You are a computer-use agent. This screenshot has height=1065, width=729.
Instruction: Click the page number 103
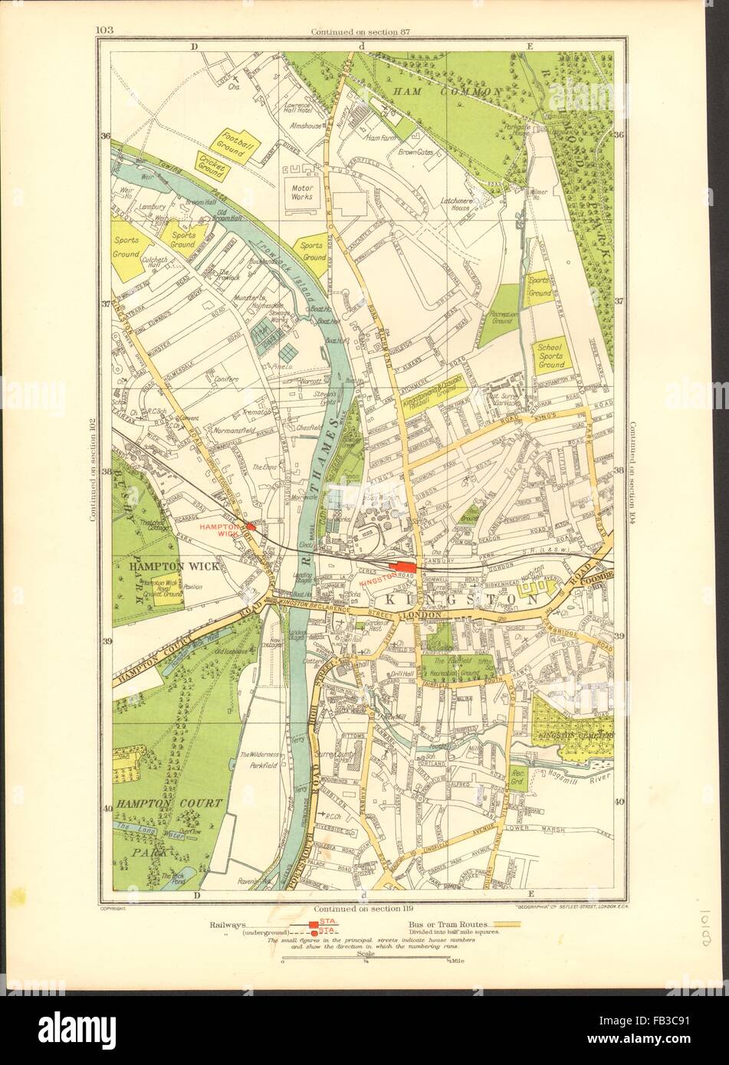click(105, 31)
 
